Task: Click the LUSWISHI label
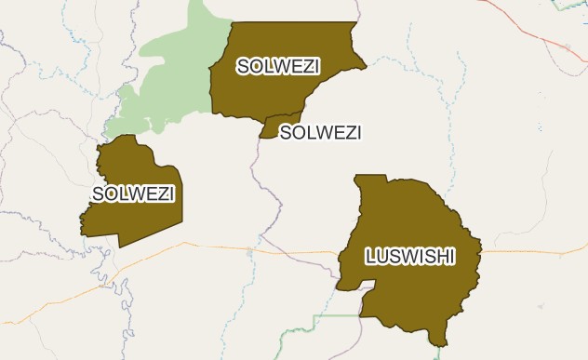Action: click(x=410, y=256)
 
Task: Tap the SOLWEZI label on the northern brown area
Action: click(x=278, y=66)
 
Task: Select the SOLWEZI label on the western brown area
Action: click(x=134, y=193)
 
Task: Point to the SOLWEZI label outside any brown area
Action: click(x=320, y=132)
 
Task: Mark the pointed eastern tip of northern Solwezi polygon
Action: click(x=366, y=65)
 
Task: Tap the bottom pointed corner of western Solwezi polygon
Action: click(x=120, y=247)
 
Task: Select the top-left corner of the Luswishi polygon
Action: click(x=355, y=175)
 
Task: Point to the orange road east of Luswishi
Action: click(x=530, y=251)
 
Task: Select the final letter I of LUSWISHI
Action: click(x=451, y=256)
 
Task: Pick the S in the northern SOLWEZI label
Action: click(x=243, y=66)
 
